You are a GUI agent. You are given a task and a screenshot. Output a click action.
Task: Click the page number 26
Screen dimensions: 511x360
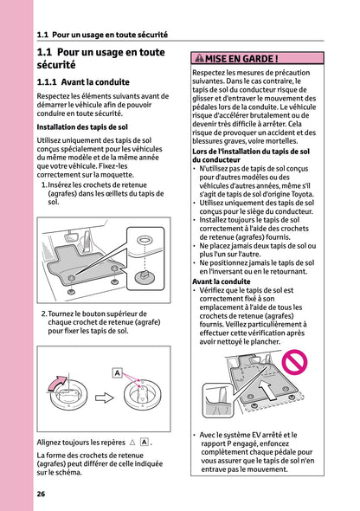(x=41, y=494)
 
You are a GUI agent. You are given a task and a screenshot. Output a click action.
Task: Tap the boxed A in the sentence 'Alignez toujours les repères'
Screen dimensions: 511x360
(x=144, y=442)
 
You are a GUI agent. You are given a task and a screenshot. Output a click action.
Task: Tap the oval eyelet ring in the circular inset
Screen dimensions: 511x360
(x=145, y=239)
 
